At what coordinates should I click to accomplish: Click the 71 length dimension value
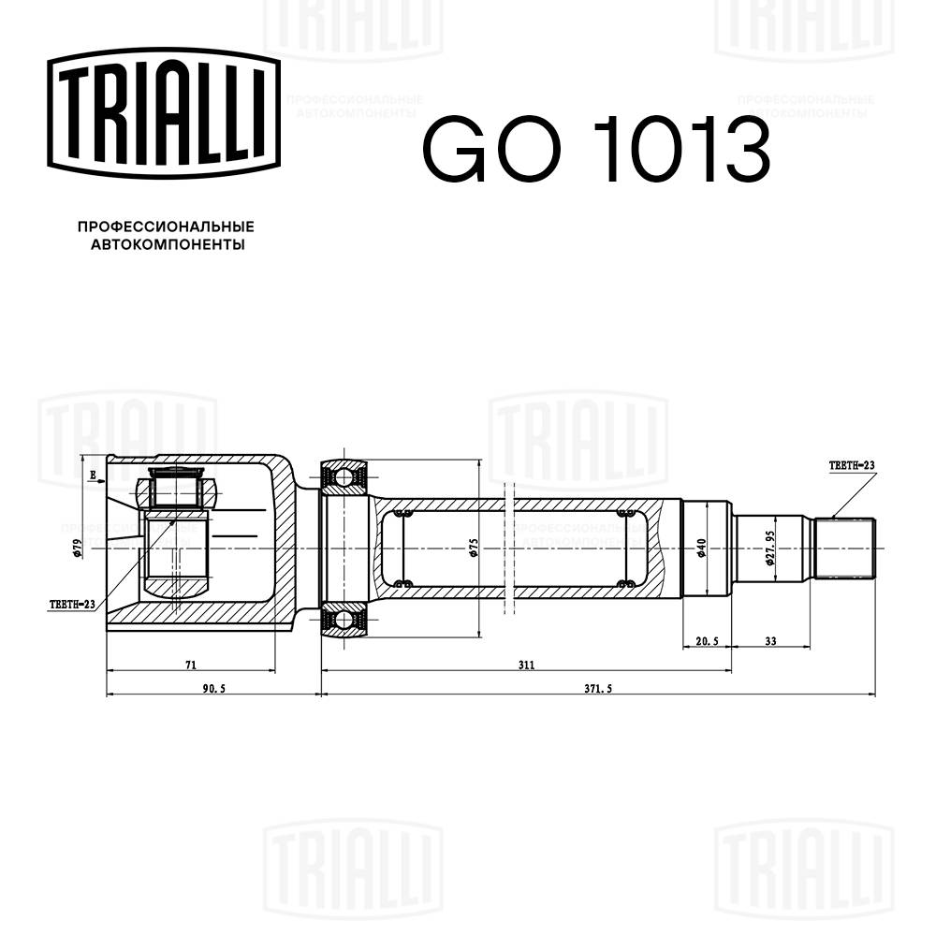[190, 665]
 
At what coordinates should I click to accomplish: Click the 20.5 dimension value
[707, 641]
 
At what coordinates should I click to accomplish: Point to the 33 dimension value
[771, 641]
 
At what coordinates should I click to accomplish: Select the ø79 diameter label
[79, 548]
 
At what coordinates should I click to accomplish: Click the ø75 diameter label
[475, 548]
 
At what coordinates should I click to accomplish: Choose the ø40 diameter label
[701, 548]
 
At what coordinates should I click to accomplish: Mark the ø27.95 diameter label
[769, 547]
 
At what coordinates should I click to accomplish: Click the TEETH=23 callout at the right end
[851, 464]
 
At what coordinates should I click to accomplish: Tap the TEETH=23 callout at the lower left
[72, 605]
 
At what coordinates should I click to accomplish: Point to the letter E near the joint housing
[94, 475]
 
